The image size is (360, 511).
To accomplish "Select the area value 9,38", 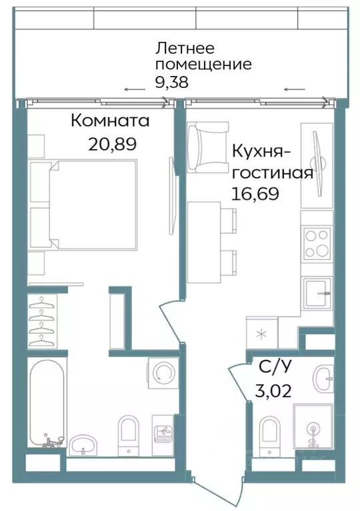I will pos(171,82).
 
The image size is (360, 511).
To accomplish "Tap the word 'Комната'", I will pos(109,122).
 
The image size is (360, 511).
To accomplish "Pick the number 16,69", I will pos(255,193).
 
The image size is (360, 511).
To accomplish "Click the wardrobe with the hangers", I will pos(43,320).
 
